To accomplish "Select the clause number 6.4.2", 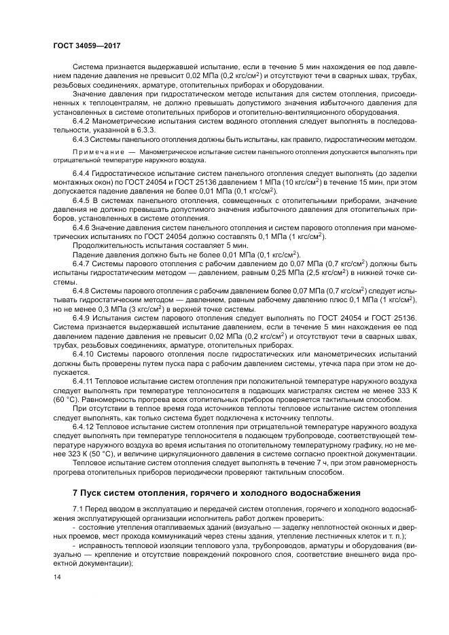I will (x=83, y=120).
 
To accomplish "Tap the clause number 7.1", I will (x=78, y=509).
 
